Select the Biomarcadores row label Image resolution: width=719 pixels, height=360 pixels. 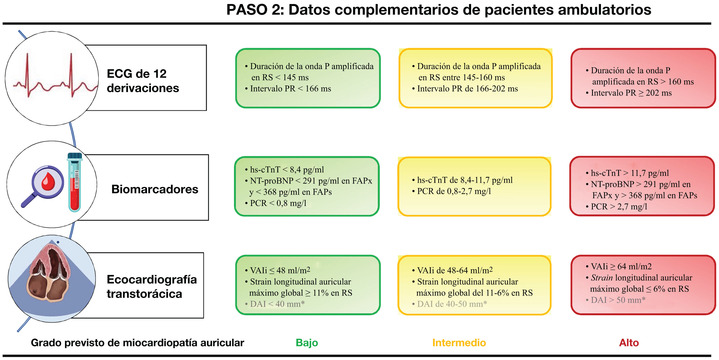tap(155, 189)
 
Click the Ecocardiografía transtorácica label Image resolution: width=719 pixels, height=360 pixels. tap(152, 286)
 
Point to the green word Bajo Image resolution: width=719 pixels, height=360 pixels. tap(307, 342)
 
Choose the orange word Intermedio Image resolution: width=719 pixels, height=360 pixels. tap(459, 342)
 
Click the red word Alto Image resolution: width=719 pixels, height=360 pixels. tap(629, 342)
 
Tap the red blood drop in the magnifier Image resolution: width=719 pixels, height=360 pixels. tap(48, 181)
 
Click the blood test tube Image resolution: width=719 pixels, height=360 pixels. tap(74, 183)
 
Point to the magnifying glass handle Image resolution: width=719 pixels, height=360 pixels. tap(28, 200)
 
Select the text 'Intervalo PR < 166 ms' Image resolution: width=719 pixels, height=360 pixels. tap(290, 89)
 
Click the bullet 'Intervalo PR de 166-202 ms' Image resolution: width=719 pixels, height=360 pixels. tap(467, 89)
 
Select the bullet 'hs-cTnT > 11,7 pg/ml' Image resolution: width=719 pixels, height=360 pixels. tap(630, 173)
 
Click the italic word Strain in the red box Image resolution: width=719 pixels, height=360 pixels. tap(602, 278)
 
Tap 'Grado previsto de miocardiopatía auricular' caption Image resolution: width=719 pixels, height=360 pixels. tap(137, 342)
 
